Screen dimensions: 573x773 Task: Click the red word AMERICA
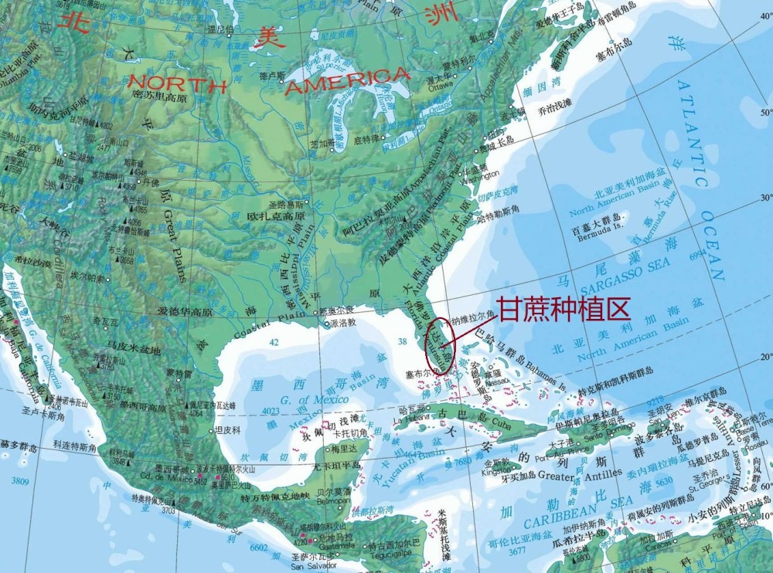pos(347,81)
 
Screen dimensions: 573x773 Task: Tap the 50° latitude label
pos(766,114)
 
